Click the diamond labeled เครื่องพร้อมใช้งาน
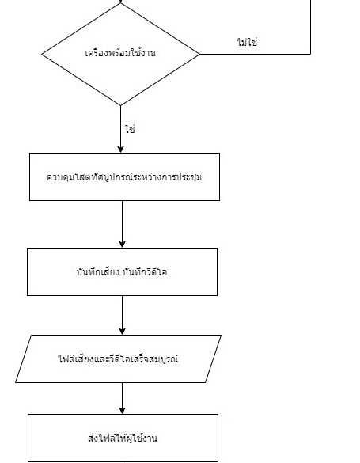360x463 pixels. click(x=120, y=54)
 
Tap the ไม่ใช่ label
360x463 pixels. click(x=248, y=42)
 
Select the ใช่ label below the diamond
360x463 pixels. click(x=130, y=129)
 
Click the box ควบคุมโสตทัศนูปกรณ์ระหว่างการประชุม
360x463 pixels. click(x=124, y=176)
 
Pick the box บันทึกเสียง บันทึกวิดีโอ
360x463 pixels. click(x=122, y=271)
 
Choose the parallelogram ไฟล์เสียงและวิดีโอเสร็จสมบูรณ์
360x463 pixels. click(x=119, y=359)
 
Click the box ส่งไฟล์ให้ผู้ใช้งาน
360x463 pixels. click(x=123, y=438)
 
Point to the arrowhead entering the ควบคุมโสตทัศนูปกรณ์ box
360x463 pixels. click(x=120, y=149)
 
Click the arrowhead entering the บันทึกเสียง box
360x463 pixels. click(x=122, y=245)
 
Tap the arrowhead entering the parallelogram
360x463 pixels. click(x=122, y=332)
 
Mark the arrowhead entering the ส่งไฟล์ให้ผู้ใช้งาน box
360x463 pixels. click(x=122, y=411)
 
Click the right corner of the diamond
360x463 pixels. click(x=199, y=54)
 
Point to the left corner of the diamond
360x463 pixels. click(x=42, y=54)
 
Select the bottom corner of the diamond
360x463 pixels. click(x=120, y=105)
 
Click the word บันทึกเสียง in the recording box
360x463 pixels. click(x=97, y=271)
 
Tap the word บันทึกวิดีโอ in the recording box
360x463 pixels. click(x=145, y=271)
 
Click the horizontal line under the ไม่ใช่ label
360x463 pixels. click(x=256, y=54)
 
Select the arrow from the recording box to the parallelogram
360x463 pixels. click(x=122, y=315)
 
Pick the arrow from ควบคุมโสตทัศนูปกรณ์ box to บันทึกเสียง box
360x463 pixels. click(x=122, y=225)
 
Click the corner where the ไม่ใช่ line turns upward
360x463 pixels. click(x=310, y=54)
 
